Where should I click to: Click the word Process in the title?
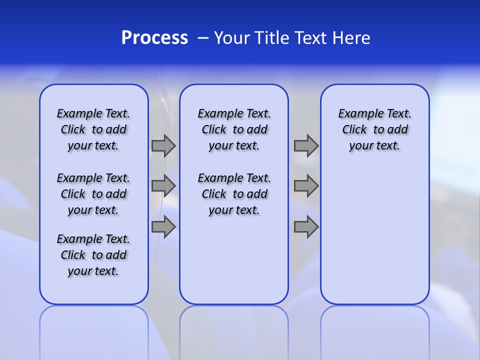[154, 38]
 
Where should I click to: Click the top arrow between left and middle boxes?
[163, 145]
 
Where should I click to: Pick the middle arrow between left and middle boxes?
[163, 186]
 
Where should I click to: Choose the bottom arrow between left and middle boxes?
[163, 227]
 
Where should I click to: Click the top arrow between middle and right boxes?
[306, 145]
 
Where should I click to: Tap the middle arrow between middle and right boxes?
[306, 186]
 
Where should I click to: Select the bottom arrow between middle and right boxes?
[306, 227]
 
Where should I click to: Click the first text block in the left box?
[93, 129]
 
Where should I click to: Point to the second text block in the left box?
[93, 194]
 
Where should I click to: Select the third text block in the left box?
[93, 255]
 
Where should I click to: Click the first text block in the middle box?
[234, 129]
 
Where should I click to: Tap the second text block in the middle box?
[234, 194]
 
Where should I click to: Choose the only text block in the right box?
[375, 129]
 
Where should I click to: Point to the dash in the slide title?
[203, 38]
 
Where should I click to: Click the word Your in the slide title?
[232, 38]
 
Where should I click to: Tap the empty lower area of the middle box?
[234, 260]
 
